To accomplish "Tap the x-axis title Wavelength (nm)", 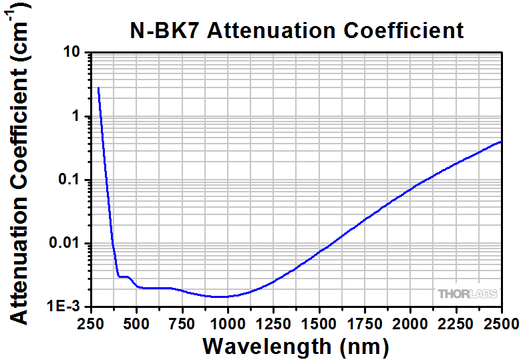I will (295, 346).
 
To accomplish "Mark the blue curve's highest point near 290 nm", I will (98, 87).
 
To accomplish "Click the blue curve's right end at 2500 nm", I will (501, 142).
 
